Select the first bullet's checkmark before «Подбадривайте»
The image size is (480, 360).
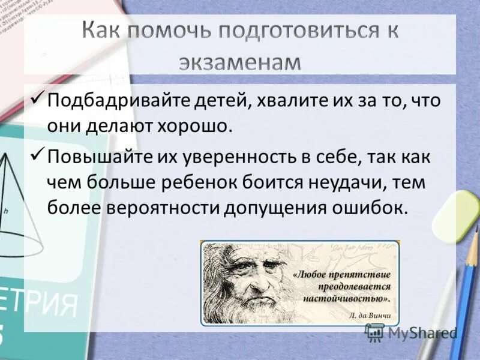[37, 97]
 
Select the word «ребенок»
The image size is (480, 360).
[216, 184]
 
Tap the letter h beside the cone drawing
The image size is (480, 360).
[5, 211]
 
